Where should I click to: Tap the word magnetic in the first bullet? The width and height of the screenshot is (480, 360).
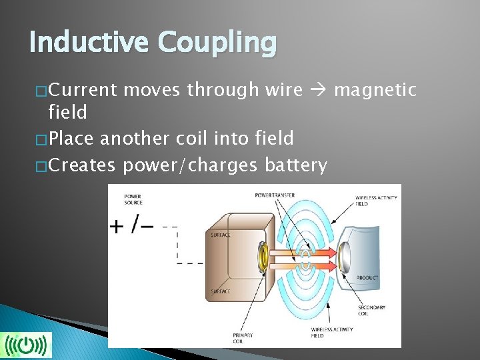click(x=375, y=89)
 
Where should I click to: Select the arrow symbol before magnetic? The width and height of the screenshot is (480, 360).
click(x=317, y=90)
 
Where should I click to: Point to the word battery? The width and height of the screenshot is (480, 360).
click(x=295, y=165)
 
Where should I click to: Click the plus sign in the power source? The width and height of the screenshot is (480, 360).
click(x=116, y=227)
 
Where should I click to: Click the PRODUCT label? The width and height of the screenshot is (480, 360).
click(x=367, y=278)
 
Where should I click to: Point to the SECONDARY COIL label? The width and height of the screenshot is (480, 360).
click(x=371, y=310)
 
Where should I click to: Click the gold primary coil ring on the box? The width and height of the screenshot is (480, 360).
click(x=261, y=256)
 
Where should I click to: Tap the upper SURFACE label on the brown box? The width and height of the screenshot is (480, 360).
click(x=221, y=235)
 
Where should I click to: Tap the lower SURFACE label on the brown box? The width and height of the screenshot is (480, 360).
click(x=220, y=291)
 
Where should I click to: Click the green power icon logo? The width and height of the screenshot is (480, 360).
click(x=26, y=345)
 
